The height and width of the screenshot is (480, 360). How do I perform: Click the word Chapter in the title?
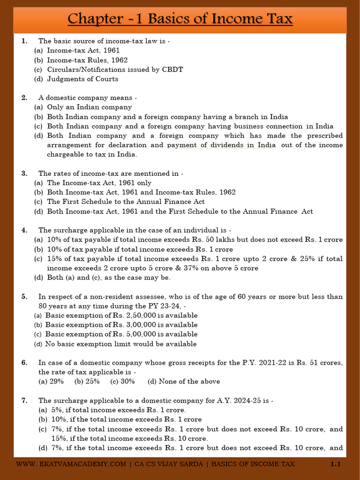pos(93,19)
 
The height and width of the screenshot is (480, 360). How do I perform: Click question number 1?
pos(24,41)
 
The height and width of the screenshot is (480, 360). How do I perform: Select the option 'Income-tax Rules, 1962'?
pos(87,60)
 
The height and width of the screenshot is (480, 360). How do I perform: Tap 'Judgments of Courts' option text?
pos(82,79)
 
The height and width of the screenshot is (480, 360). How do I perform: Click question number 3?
pos(24,173)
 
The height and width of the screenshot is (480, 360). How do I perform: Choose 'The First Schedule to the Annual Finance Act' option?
pos(126,202)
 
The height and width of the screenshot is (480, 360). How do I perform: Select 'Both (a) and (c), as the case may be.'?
pos(109,277)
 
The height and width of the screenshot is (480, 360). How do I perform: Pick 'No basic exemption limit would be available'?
pos(121,344)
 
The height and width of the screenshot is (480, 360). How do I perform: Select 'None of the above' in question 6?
pos(189,382)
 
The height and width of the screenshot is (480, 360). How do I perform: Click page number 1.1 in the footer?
pos(335,464)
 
